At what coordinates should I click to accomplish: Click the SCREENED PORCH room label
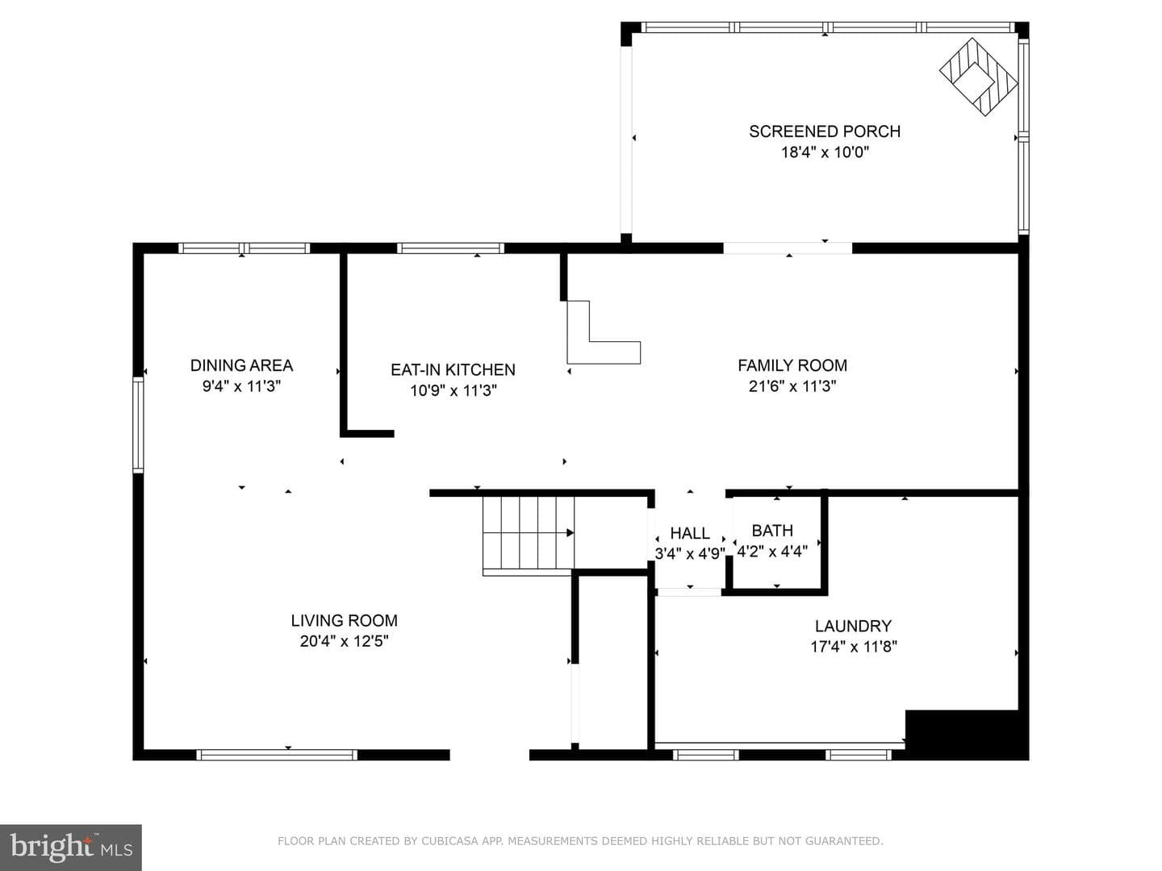tap(824, 131)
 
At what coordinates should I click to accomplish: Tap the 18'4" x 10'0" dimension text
tap(825, 152)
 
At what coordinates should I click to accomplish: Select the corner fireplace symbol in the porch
tap(978, 77)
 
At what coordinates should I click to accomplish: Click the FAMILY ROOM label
tap(792, 365)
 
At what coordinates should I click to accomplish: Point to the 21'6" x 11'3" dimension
tap(792, 386)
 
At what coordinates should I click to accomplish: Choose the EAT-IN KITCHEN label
tap(453, 369)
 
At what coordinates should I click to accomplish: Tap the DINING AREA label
tap(241, 365)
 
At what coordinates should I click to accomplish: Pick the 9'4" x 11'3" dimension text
tap(241, 386)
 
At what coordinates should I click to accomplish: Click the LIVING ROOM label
tap(344, 620)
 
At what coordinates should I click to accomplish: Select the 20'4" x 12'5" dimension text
tap(344, 641)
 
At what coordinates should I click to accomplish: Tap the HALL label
tap(690, 533)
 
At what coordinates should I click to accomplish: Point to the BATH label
tap(772, 531)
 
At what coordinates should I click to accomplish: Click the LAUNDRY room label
tap(853, 626)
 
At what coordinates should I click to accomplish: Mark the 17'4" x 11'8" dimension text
tap(854, 647)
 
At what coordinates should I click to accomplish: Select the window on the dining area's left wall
tap(138, 424)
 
